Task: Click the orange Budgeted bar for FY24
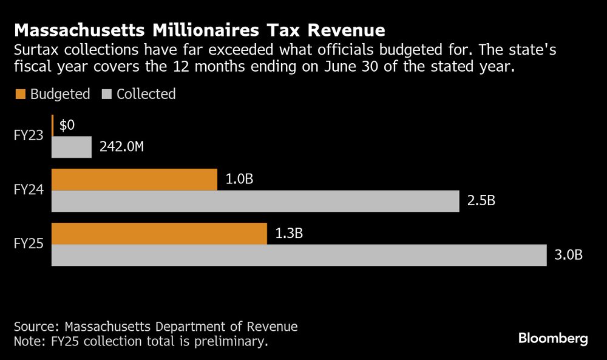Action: [x=134, y=180]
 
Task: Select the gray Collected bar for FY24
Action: [x=255, y=201]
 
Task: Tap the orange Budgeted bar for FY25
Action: [x=159, y=234]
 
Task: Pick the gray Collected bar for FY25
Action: [x=299, y=255]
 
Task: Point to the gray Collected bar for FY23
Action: [x=72, y=147]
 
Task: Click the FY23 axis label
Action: [x=29, y=136]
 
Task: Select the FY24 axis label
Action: [x=29, y=190]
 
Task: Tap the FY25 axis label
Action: [x=29, y=244]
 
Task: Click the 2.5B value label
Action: [x=481, y=201]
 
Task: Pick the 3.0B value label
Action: [x=569, y=255]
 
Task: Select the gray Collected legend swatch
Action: [x=107, y=94]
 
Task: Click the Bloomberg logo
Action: [x=553, y=339]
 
